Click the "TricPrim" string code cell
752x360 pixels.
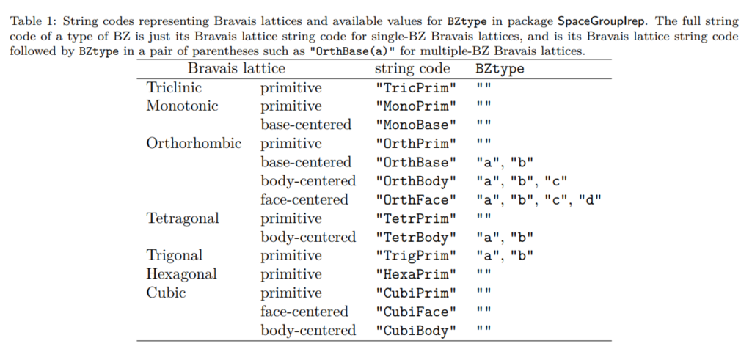(x=416, y=88)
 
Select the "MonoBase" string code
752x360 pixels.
(x=416, y=125)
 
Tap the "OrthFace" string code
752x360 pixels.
(x=416, y=200)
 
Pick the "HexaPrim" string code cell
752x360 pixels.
(x=416, y=275)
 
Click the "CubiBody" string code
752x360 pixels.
(x=416, y=331)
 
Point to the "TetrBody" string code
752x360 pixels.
(x=416, y=238)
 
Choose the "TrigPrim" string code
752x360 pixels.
(x=416, y=256)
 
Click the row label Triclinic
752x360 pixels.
(x=174, y=88)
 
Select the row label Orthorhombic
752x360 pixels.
(x=194, y=143)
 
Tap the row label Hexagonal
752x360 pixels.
(x=182, y=275)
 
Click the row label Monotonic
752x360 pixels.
(x=182, y=106)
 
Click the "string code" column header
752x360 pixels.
(x=412, y=69)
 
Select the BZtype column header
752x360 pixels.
(x=500, y=69)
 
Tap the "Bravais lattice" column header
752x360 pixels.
(x=236, y=68)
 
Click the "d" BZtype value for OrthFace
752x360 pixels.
(x=590, y=199)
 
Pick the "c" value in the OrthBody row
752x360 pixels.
(x=556, y=181)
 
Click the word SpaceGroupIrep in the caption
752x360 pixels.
(x=597, y=21)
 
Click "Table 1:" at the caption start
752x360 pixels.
(x=34, y=21)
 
